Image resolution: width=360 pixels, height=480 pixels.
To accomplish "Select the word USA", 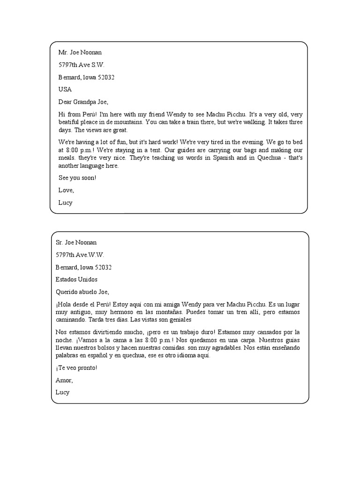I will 65,89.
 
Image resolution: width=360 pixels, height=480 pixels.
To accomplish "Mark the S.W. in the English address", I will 99,65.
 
